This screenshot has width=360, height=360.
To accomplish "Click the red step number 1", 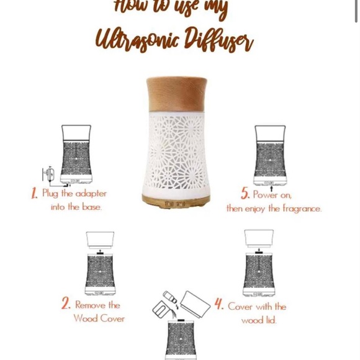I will coord(35,194).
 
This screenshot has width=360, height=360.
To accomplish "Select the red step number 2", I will coord(66,304).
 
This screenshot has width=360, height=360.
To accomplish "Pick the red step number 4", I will coord(219,304).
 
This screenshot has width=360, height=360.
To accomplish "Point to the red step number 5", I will coord(245,194).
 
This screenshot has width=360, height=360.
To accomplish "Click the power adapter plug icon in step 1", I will coord(49,174).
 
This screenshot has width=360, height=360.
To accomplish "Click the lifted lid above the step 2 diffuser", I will coord(100,239).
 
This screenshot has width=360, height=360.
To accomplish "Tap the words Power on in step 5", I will coord(272,194).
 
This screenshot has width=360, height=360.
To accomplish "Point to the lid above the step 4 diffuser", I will coord(259,237).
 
